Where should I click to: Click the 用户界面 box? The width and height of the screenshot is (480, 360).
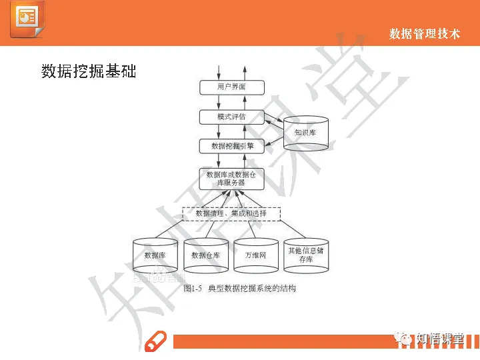(232, 87)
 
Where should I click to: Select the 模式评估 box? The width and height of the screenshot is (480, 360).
(232, 117)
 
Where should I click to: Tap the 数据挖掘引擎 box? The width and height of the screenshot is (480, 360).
(232, 145)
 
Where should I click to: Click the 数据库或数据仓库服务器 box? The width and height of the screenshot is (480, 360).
(232, 179)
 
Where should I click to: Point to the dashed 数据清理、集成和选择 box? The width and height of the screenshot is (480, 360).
(231, 214)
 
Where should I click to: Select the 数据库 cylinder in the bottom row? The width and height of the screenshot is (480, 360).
(155, 256)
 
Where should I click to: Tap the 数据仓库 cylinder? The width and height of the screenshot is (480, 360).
(205, 256)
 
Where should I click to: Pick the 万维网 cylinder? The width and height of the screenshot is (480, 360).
(255, 256)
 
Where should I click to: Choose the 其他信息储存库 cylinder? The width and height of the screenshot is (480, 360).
(306, 255)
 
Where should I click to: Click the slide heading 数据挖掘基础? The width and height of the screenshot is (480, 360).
(89, 71)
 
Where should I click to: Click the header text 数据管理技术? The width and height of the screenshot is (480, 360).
(425, 33)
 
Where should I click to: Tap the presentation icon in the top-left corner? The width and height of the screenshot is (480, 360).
(27, 21)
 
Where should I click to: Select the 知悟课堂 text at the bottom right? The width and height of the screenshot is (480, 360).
(440, 338)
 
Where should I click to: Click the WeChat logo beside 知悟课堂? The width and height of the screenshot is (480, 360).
(406, 338)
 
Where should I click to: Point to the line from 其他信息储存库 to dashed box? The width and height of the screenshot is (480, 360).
(292, 230)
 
